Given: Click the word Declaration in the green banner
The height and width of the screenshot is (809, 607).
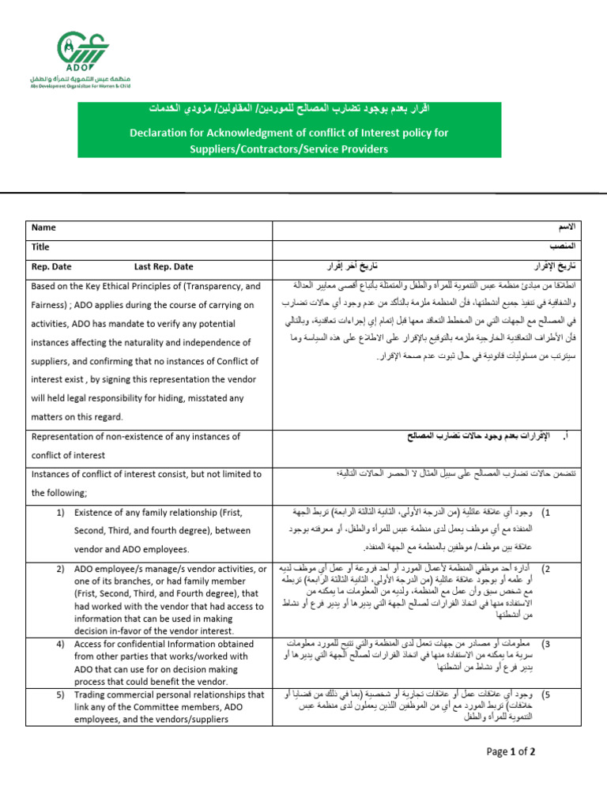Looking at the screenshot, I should point(163,133).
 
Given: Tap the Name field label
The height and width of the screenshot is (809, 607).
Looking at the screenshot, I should point(43,228).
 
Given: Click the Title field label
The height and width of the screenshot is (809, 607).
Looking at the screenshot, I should point(40,247).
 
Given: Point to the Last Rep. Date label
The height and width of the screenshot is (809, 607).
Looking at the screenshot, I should point(164,267).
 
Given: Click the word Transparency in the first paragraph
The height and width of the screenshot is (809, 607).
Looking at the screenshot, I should point(217,286).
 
